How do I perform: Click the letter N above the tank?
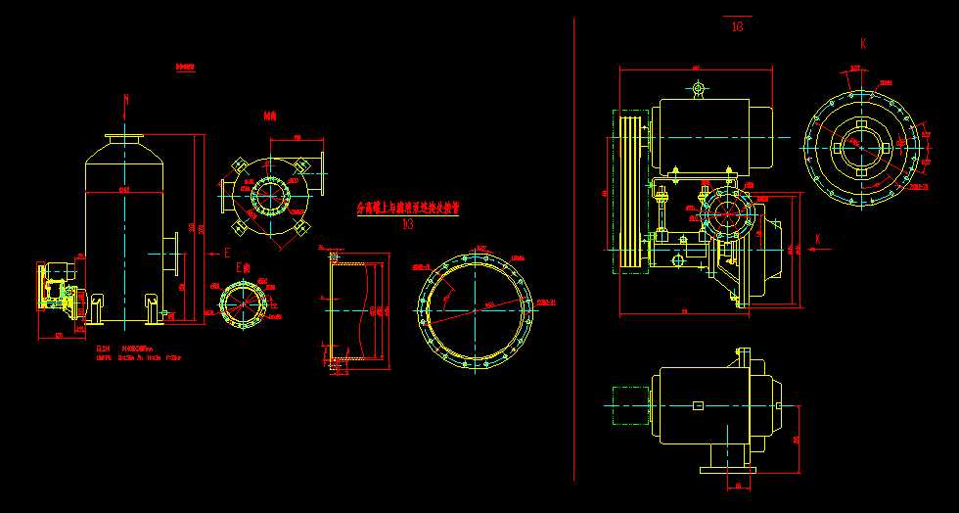[x=126, y=100]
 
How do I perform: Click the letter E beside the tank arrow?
[x=227, y=253]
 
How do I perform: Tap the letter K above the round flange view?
[x=863, y=44]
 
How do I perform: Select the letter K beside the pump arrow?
[x=817, y=239]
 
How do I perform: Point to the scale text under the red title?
[x=408, y=223]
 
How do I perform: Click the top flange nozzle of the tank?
[x=126, y=140]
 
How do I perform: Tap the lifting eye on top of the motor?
[x=697, y=90]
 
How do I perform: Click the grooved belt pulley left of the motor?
[x=630, y=191]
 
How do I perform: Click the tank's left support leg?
[x=96, y=308]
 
